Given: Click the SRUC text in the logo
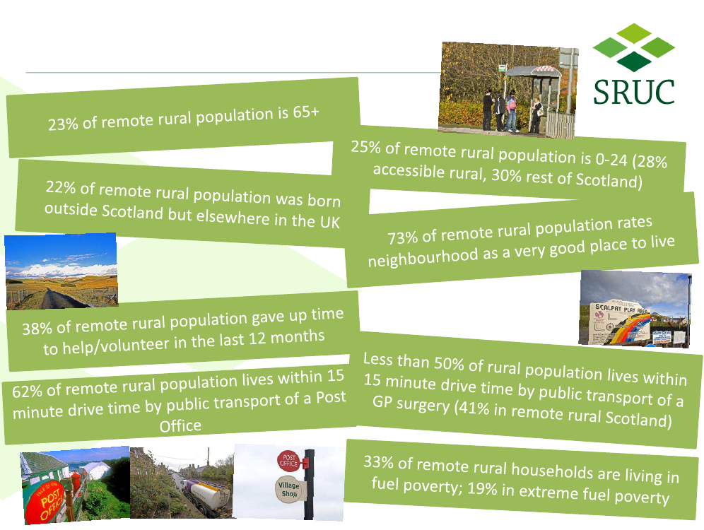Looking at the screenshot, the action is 633,92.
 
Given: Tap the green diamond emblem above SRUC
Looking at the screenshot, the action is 633,47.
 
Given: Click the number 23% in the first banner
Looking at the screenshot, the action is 64,124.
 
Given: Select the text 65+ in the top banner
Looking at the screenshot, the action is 306,112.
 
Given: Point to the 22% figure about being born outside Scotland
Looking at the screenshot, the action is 61,187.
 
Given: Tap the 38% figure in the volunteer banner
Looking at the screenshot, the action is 37,329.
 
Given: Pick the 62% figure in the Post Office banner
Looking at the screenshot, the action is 27,391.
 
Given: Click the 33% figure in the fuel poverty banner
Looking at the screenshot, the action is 378,461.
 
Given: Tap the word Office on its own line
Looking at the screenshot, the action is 180,425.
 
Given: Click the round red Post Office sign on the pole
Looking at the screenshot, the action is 288,461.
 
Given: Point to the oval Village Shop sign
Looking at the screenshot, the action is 288,489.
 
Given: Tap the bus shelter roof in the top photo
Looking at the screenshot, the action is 533,71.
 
